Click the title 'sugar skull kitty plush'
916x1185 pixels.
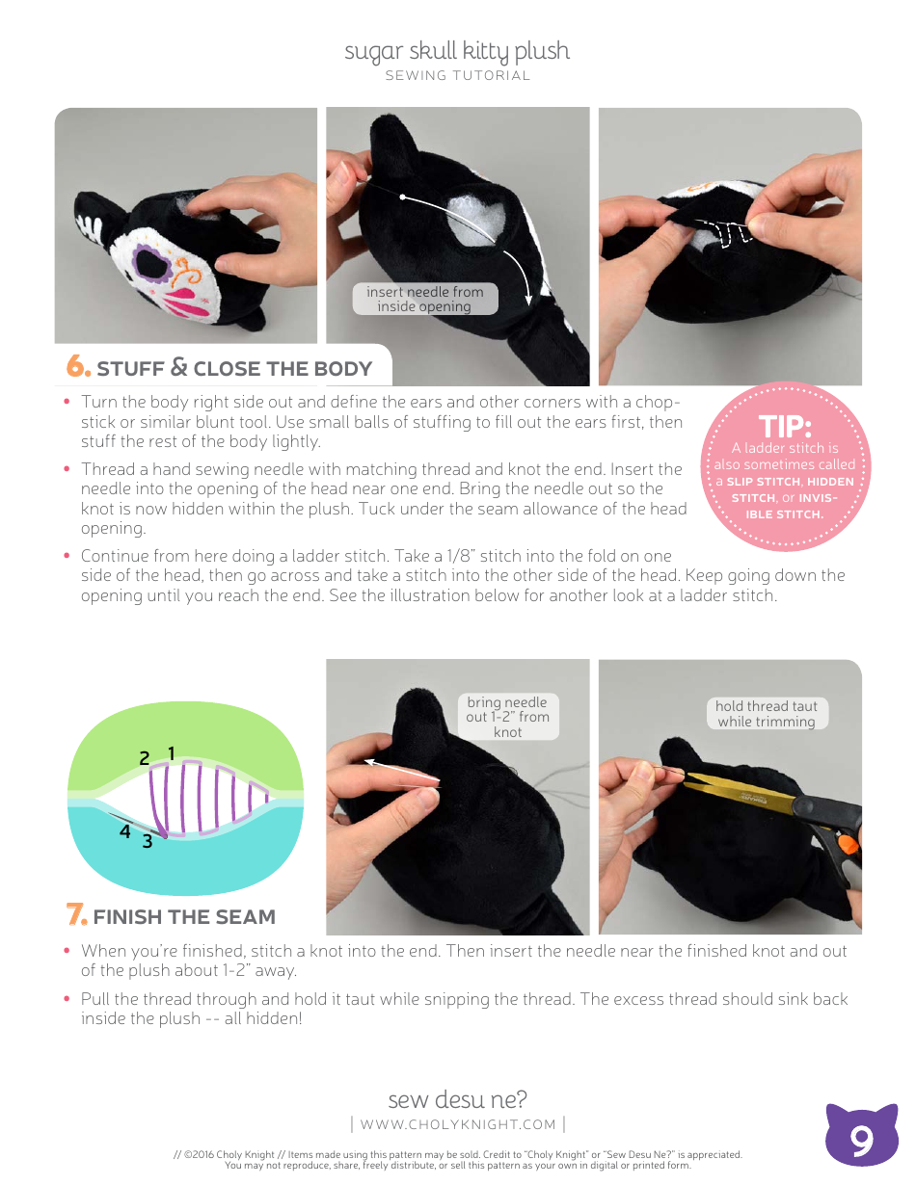(x=457, y=51)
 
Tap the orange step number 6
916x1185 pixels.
(x=77, y=367)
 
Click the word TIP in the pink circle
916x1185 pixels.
(x=786, y=426)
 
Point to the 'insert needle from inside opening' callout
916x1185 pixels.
(x=424, y=299)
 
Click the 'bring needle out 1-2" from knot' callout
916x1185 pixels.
(x=507, y=717)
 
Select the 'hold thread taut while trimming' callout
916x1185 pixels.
(x=767, y=714)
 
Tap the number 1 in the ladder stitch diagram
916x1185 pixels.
(x=171, y=753)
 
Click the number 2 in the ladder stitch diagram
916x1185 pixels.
(x=145, y=758)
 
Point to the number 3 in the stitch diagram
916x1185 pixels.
(x=147, y=841)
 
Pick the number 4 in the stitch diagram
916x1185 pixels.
(x=125, y=830)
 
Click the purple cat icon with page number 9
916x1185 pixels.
(x=861, y=1137)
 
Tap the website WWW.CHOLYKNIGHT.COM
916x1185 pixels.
(x=458, y=1124)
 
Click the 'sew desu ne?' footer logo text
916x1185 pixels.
(x=457, y=1099)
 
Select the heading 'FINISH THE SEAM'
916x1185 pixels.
(x=184, y=916)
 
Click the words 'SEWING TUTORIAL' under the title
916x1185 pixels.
(x=457, y=76)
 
